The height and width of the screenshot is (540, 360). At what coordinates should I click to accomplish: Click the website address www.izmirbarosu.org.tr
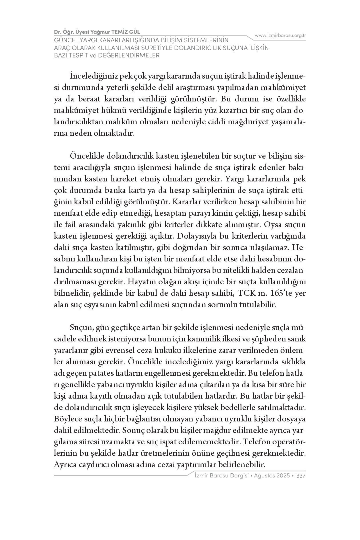(280, 35)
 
